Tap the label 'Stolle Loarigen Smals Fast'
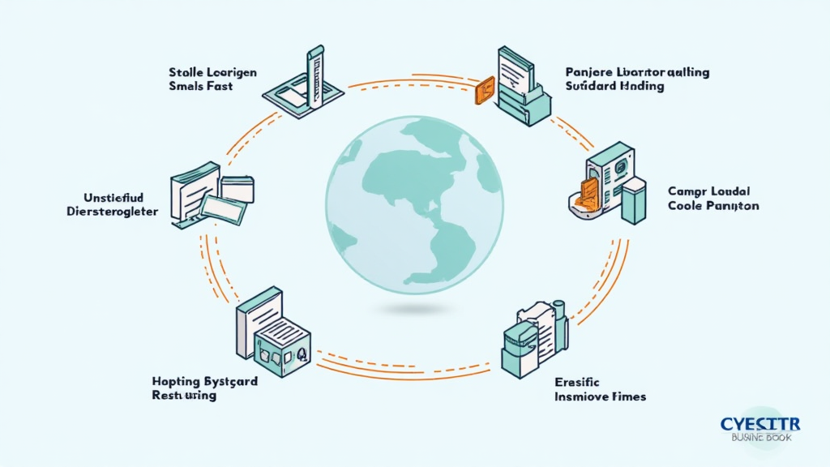(213, 79)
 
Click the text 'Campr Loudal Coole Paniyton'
(713, 198)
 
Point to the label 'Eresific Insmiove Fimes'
(600, 389)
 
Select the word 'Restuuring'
(184, 396)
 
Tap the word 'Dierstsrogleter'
(112, 211)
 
